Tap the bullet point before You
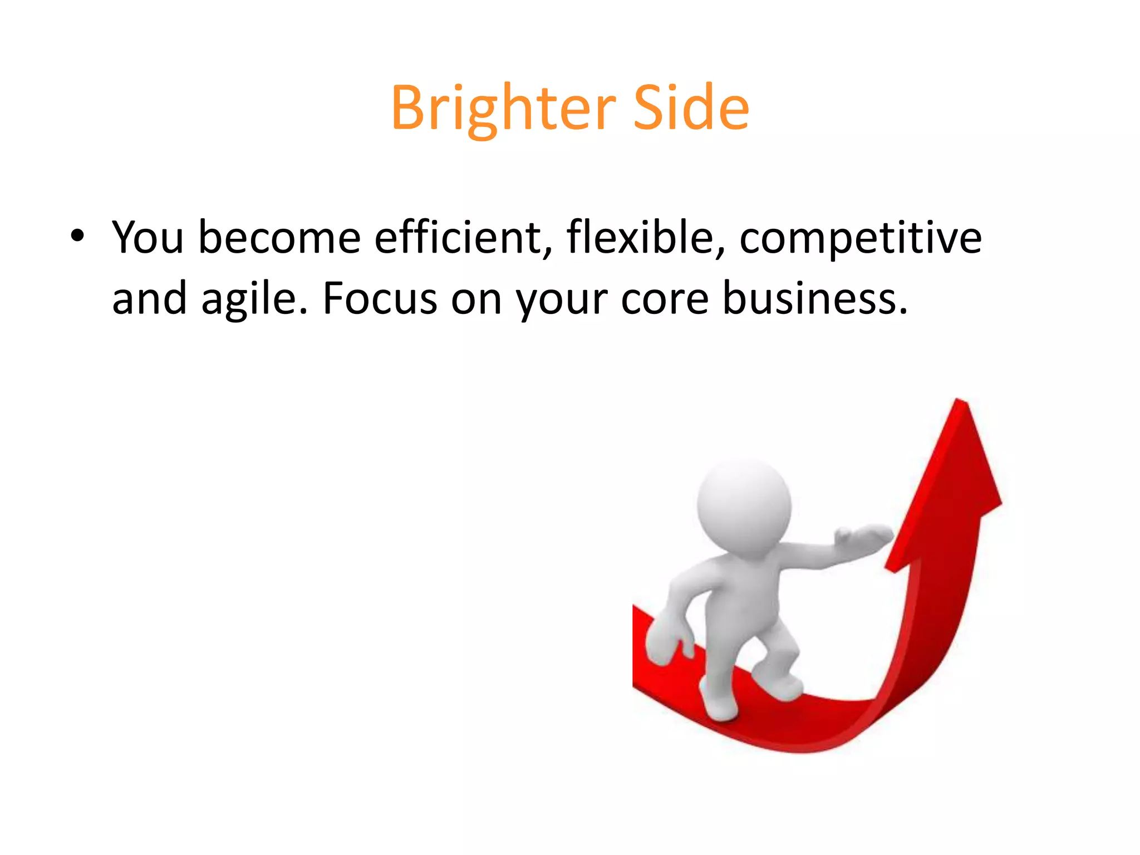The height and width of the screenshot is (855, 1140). pos(77,237)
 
